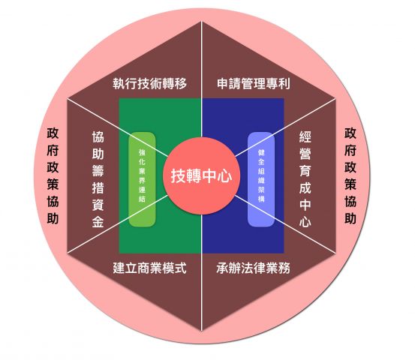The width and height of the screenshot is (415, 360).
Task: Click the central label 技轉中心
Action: pyautogui.click(x=201, y=176)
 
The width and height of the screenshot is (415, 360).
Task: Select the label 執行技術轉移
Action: pyautogui.click(x=150, y=83)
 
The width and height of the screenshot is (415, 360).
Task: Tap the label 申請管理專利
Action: pyautogui.click(x=254, y=83)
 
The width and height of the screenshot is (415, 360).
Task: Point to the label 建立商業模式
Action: pyautogui.click(x=150, y=268)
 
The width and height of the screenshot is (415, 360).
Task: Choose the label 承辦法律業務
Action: pyautogui.click(x=254, y=268)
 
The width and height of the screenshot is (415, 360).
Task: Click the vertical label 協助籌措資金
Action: pyautogui.click(x=98, y=179)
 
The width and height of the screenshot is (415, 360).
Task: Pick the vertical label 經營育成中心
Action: pyautogui.click(x=305, y=179)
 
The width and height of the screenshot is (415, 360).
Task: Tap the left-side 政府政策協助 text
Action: pyautogui.click(x=53, y=176)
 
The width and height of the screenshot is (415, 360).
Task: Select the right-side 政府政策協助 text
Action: pyautogui.click(x=350, y=176)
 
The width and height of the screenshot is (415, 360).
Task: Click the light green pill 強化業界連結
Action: pyautogui.click(x=142, y=179)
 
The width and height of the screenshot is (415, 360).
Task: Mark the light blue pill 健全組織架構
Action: pyautogui.click(x=261, y=179)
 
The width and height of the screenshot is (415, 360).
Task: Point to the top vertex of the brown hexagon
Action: pyautogui.click(x=201, y=22)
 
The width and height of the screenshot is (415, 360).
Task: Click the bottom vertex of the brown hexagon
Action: pyautogui.click(x=201, y=331)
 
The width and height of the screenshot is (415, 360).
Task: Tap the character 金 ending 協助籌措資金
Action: pyautogui.click(x=98, y=222)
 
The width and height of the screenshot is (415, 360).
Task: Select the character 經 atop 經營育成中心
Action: pyautogui.click(x=305, y=136)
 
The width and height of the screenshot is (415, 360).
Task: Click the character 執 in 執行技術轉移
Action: pyautogui.click(x=119, y=83)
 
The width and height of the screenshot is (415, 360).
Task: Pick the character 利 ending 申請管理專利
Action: pyautogui.click(x=284, y=83)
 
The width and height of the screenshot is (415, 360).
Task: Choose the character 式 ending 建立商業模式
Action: pyautogui.click(x=181, y=268)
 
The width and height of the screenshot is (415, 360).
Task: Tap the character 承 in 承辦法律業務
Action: pyautogui.click(x=223, y=268)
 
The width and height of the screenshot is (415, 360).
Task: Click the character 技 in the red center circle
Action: pyautogui.click(x=179, y=176)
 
